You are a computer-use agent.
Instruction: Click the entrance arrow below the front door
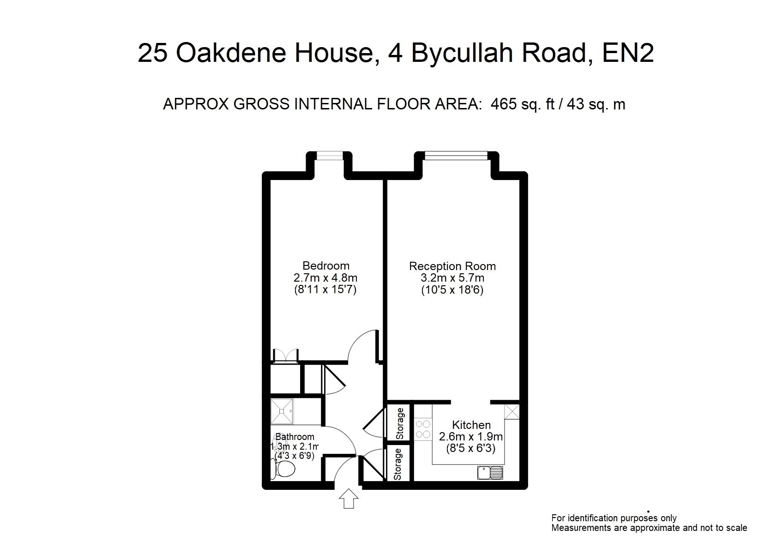[x=349, y=499]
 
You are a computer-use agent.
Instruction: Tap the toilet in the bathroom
[x=283, y=470]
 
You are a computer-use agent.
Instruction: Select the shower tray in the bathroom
[x=282, y=411]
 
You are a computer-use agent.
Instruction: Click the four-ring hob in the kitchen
[x=423, y=429]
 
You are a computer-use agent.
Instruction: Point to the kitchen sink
[x=490, y=473]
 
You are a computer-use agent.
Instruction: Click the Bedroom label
[x=326, y=265]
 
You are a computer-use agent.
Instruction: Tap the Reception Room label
[x=452, y=266]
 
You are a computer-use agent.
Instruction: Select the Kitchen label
[x=471, y=425]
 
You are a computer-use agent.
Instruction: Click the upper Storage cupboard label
[x=400, y=423]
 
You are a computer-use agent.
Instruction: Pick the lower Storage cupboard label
[x=398, y=464]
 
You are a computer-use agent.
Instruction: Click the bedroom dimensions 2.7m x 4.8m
[x=325, y=278]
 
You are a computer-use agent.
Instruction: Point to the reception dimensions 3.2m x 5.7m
[x=452, y=278]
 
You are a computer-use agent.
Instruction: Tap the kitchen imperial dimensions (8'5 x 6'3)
[x=471, y=448]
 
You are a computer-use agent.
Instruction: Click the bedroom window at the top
[x=330, y=156]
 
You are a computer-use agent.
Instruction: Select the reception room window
[x=456, y=156]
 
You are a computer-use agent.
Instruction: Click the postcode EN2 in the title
[x=627, y=53]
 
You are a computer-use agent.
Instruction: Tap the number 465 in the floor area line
[x=503, y=104]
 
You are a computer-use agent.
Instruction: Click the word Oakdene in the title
[x=231, y=53]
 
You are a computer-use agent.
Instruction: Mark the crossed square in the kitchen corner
[x=512, y=412]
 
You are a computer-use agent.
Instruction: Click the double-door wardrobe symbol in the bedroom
[x=286, y=355]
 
